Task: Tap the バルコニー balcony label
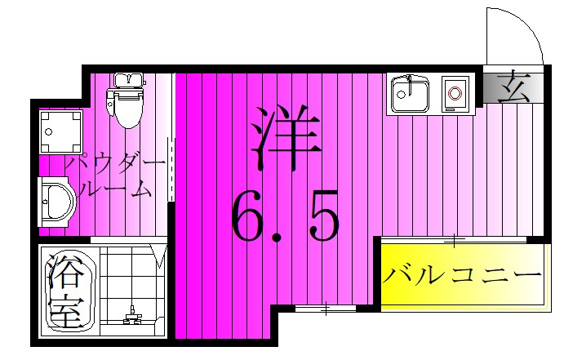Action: (462, 275)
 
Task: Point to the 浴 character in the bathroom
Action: (65, 273)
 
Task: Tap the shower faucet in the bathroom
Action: (130, 315)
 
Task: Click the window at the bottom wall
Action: (325, 309)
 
